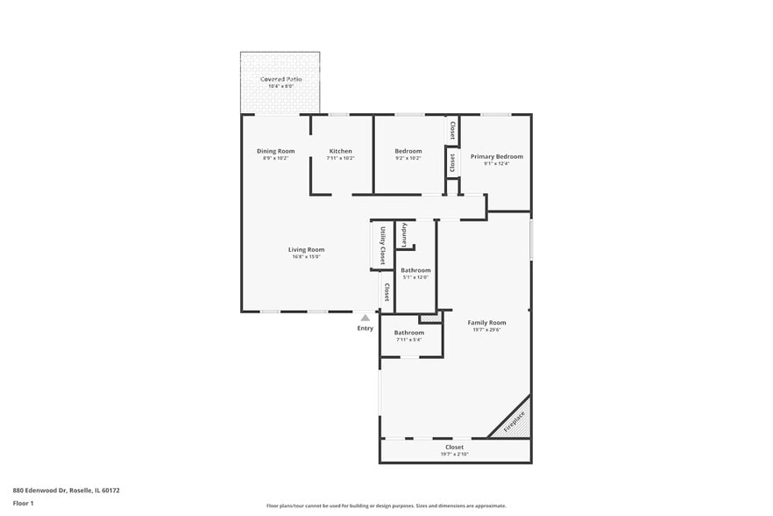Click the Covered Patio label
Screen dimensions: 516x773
(280, 79)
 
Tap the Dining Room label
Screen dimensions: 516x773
(275, 151)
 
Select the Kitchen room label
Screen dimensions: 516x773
(340, 151)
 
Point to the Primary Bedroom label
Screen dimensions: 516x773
(496, 156)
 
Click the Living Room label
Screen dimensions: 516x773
(306, 249)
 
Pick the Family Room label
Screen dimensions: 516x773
(486, 322)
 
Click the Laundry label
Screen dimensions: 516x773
(404, 236)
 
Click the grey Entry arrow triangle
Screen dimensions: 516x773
(365, 318)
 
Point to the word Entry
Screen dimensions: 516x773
(365, 328)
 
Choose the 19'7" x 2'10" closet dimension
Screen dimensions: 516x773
(454, 455)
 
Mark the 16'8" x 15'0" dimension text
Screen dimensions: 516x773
(306, 256)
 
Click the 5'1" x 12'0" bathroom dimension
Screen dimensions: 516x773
(415, 277)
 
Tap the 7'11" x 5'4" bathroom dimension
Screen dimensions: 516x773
(409, 340)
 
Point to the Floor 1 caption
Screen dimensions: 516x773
(23, 503)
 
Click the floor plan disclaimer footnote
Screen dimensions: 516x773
(386, 505)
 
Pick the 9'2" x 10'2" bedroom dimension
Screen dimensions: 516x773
(408, 158)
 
